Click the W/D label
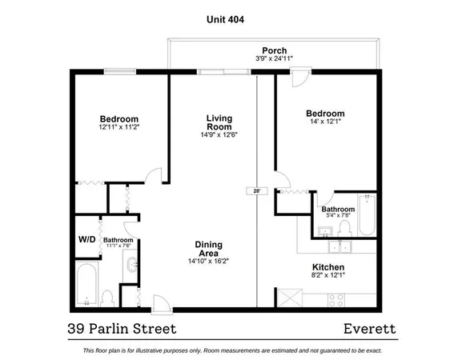tap(86, 238)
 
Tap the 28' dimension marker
tap(255, 191)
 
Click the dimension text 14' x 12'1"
tap(327, 122)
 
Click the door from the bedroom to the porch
tap(299, 78)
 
